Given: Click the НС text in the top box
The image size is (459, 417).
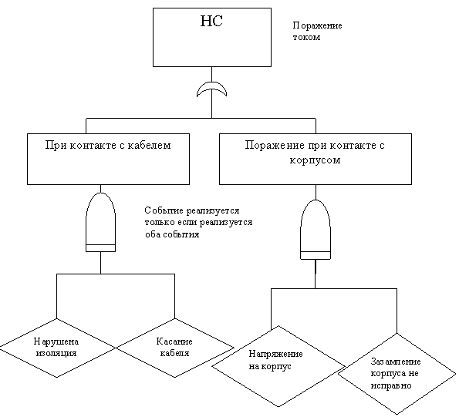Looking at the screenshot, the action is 211,21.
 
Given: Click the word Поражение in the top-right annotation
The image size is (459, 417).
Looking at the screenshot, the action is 317,25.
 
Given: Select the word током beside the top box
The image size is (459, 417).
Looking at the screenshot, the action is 306,38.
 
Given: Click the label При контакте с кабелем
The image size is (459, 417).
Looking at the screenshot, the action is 108,146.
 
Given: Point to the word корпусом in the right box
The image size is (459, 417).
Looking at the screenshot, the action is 316,160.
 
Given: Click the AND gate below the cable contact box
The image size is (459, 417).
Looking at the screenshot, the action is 101,222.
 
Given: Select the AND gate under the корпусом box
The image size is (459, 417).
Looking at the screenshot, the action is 316,230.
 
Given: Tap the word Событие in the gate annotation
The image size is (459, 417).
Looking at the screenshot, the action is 164,210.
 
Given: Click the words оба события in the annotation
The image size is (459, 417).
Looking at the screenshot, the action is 172,234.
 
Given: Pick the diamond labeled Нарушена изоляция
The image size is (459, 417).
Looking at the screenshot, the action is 57,348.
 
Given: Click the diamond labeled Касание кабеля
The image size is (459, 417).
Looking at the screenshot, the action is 175,348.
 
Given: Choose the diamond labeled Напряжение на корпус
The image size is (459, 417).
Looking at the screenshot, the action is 278,366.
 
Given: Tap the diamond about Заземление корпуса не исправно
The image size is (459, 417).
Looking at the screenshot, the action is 397,374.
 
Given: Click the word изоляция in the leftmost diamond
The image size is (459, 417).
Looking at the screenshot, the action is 56,353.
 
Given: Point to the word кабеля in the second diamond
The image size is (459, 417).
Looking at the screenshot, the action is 175,353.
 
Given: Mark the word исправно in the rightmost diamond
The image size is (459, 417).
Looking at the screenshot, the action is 391,385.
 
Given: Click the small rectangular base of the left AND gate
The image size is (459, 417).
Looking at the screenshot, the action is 101,248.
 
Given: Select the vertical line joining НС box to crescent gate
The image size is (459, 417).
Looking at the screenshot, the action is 211,74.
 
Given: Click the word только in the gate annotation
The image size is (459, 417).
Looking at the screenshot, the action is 160,223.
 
